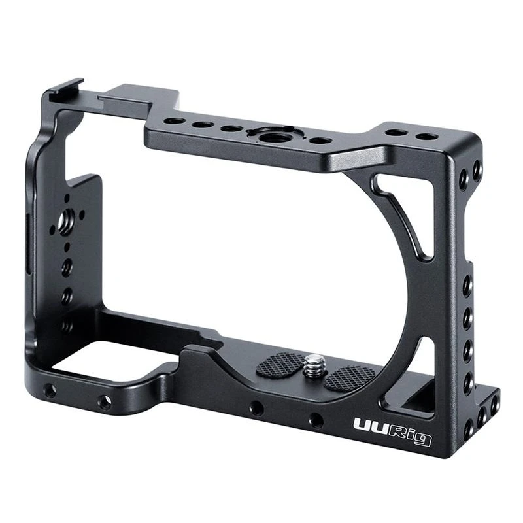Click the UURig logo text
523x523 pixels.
pyautogui.click(x=392, y=432)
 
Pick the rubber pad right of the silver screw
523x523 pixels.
pyautogui.click(x=350, y=377)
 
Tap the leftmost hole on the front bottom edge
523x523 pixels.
pyautogui.click(x=50, y=391)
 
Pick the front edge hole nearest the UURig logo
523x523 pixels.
pyautogui.click(x=316, y=420)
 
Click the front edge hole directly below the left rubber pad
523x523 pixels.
pyautogui.click(x=256, y=409)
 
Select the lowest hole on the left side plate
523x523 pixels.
pyautogui.click(x=67, y=325)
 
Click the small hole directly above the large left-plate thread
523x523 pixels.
pyautogui.click(x=66, y=199)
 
